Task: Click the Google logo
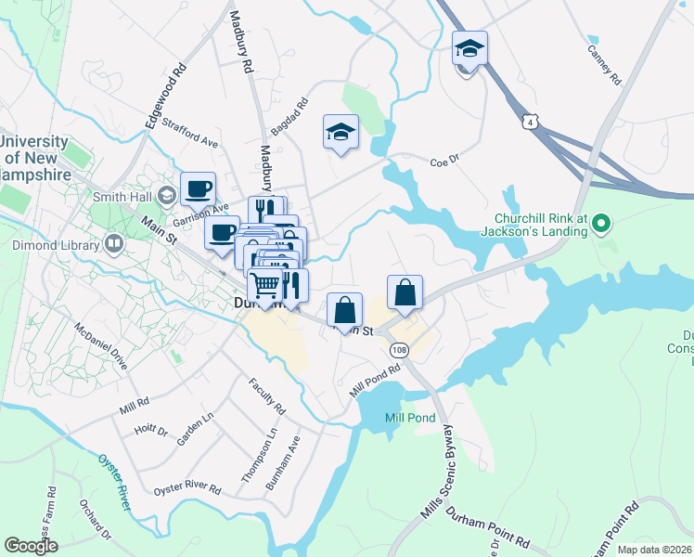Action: pyautogui.click(x=31, y=546)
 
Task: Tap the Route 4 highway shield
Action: pyautogui.click(x=529, y=122)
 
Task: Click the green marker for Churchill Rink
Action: pyautogui.click(x=600, y=223)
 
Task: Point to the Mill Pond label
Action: pyautogui.click(x=410, y=418)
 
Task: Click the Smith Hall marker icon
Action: pyautogui.click(x=167, y=196)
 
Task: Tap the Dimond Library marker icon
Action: pyautogui.click(x=114, y=245)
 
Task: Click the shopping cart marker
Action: pyautogui.click(x=265, y=285)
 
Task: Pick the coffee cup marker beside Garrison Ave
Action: pyautogui.click(x=198, y=189)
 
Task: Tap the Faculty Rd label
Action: pyautogui.click(x=266, y=396)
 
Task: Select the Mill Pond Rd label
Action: pyautogui.click(x=375, y=380)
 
